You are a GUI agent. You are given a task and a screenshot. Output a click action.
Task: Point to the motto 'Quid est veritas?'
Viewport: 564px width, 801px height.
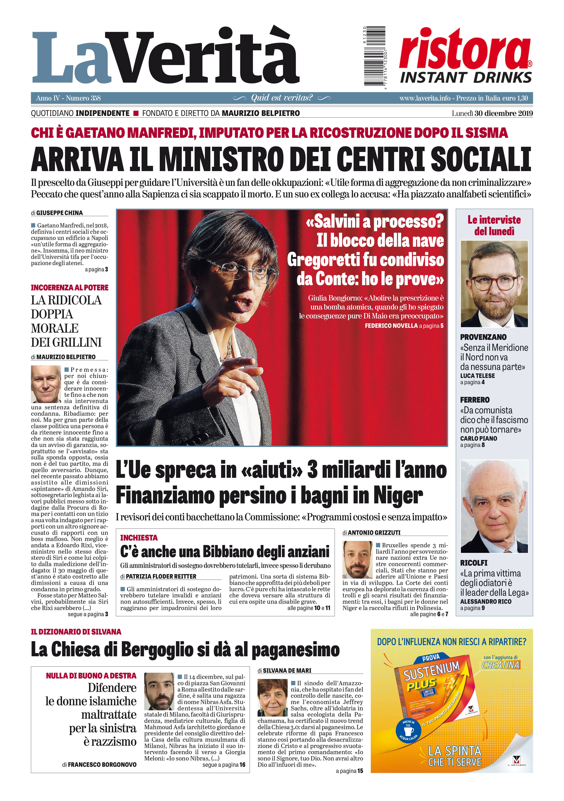tap(282, 98)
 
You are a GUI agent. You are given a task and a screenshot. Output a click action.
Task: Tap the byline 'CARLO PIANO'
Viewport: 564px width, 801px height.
tap(478, 438)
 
